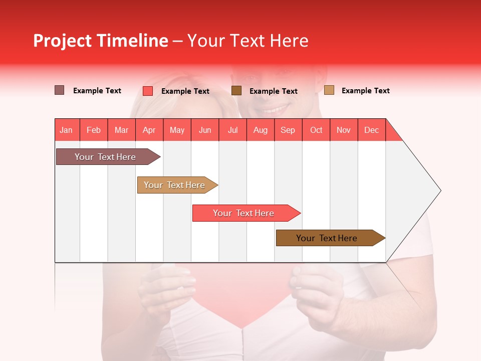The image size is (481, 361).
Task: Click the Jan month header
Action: click(x=66, y=130)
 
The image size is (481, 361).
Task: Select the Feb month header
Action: click(x=94, y=130)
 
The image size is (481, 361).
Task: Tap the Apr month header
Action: click(x=149, y=130)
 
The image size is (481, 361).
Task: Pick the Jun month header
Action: click(x=205, y=130)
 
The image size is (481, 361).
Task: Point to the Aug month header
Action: click(x=260, y=130)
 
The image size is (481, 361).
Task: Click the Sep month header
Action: click(x=288, y=130)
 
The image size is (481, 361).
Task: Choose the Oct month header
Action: click(x=316, y=130)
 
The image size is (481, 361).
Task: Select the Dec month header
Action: click(x=371, y=130)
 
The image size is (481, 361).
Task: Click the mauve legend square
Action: click(x=59, y=90)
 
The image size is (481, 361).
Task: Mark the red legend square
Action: click(x=147, y=91)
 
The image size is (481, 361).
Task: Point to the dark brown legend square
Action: click(x=236, y=90)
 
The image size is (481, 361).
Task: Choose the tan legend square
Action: click(x=329, y=90)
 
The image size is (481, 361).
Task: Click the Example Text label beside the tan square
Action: click(x=365, y=91)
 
